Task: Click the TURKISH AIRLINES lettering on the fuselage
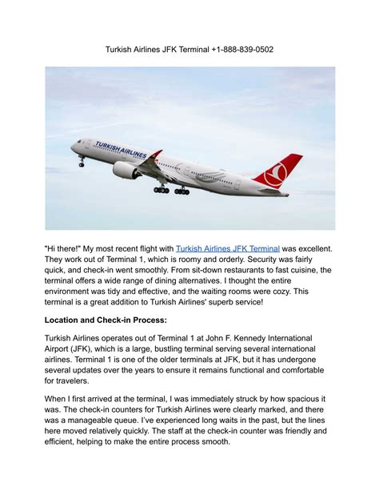pyautogui.click(x=121, y=150)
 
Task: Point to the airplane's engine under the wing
pyautogui.click(x=126, y=170)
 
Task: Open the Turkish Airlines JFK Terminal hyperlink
pyautogui.click(x=227, y=250)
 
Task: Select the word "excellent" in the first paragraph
pyautogui.click(x=307, y=250)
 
